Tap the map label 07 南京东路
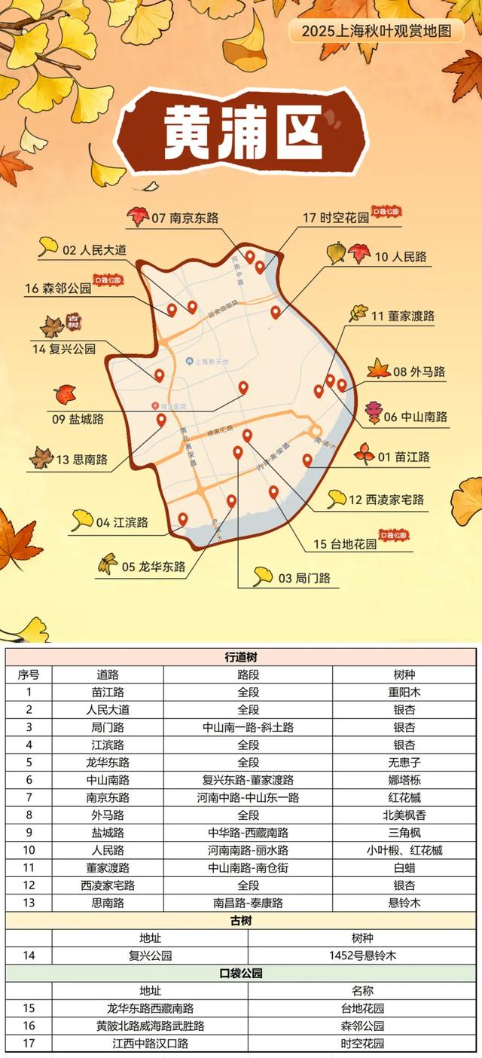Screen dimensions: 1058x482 tap(185, 218)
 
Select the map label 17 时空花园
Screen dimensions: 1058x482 tap(336, 218)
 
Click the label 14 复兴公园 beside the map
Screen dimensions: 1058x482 tap(64, 349)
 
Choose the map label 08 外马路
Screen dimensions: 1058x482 tap(419, 372)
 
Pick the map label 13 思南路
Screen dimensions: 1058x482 tap(81, 459)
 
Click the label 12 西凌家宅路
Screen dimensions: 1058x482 tap(386, 500)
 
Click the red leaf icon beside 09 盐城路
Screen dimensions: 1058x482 tap(66, 394)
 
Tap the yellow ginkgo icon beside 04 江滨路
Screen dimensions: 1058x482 tap(82, 518)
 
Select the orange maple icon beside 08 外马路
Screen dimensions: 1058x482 tap(378, 369)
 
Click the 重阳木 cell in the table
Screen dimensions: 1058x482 tap(404, 692)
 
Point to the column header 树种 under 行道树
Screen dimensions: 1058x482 tap(404, 674)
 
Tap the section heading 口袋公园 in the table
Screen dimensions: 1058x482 tap(241, 974)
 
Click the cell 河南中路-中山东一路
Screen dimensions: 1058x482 tap(248, 797)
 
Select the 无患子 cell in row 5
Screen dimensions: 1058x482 tap(404, 762)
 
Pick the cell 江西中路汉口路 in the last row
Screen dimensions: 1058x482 tap(150, 1044)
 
